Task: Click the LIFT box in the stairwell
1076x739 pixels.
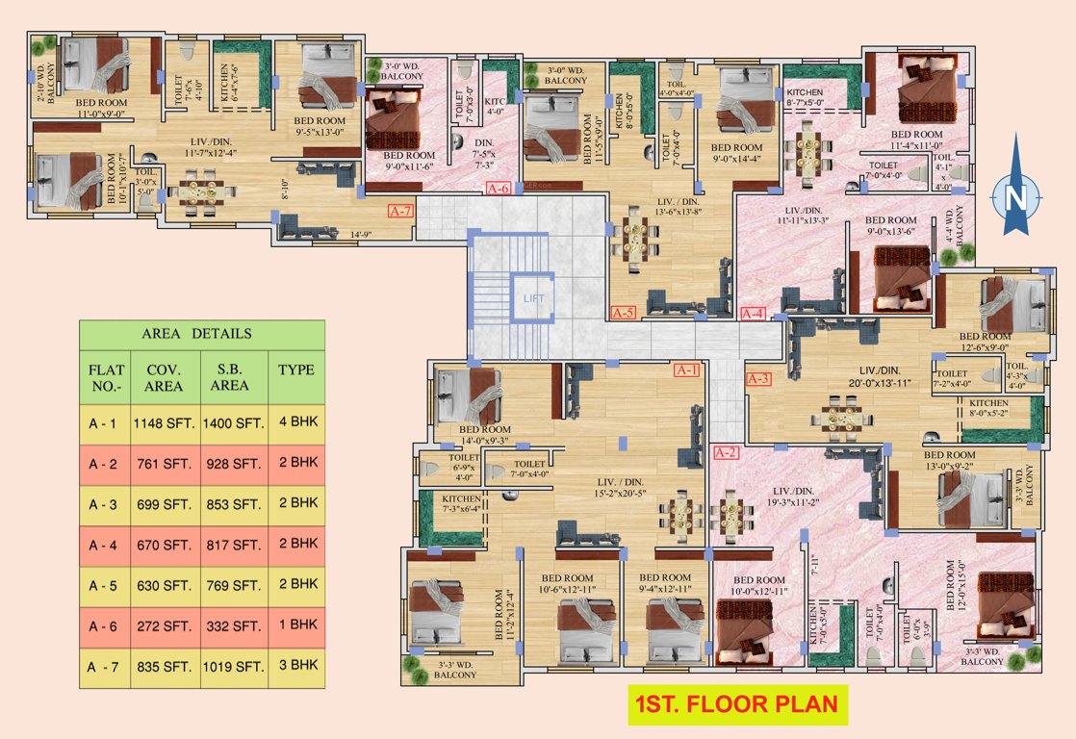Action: click(534, 299)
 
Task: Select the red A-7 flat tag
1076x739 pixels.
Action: click(400, 209)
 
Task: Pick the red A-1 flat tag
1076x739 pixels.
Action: click(687, 369)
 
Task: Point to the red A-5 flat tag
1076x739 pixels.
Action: click(624, 313)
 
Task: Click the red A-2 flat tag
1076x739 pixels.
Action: click(726, 451)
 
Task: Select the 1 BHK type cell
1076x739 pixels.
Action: click(297, 624)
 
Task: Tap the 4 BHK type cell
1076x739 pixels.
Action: click(297, 421)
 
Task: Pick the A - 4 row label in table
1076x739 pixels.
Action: click(104, 544)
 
